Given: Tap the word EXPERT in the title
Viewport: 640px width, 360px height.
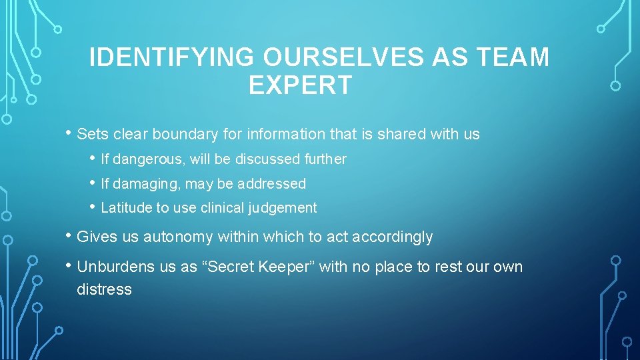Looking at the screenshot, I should point(300,85).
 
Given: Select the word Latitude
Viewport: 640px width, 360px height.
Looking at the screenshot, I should point(127,208).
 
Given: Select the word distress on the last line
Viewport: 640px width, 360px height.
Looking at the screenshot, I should point(104,289).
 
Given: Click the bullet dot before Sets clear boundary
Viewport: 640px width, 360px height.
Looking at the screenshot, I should point(69,133).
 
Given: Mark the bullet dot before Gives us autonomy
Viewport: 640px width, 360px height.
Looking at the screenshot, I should point(69,236).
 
